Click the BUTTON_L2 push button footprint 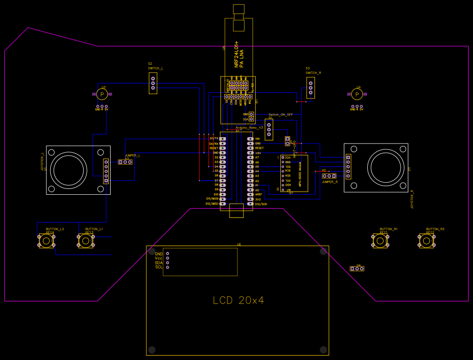pyautogui.click(x=46, y=241)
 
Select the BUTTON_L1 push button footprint pyautogui.click(x=86, y=241)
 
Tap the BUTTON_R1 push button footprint pyautogui.click(x=380, y=241)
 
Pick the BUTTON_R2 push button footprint pyautogui.click(x=427, y=241)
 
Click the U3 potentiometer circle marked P pyautogui.click(x=101, y=94)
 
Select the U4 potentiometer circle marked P pyautogui.click(x=358, y=94)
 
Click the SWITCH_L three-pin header pyautogui.click(x=153, y=83)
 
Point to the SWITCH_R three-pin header pyautogui.click(x=311, y=87)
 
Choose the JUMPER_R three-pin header pyautogui.click(x=329, y=176)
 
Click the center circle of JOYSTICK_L pyautogui.click(x=71, y=170)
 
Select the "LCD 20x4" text pyautogui.click(x=239, y=300)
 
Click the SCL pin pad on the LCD pyautogui.click(x=168, y=267)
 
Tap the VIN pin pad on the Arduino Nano pyautogui.click(x=250, y=139)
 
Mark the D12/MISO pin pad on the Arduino pyautogui.click(x=223, y=204)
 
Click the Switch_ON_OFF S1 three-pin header pyautogui.click(x=269, y=129)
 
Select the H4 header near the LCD pyautogui.click(x=358, y=268)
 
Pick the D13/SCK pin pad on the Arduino pyautogui.click(x=250, y=204)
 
